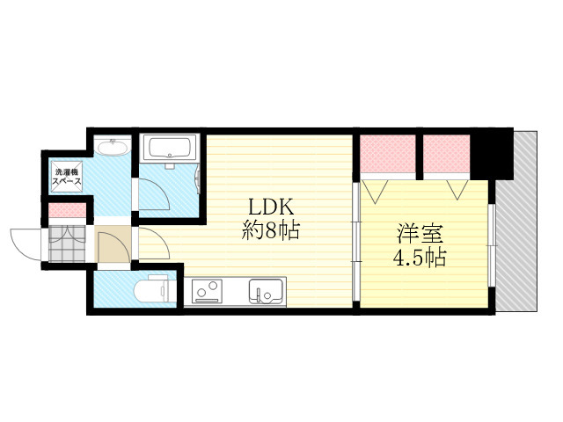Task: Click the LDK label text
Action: tap(272, 207)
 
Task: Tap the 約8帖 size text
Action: tap(270, 230)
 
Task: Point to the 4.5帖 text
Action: tap(420, 258)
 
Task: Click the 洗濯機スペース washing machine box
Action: tap(67, 174)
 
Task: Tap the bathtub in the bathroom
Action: tap(170, 148)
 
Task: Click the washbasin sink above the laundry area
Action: tap(113, 147)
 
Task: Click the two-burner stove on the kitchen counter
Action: tap(207, 291)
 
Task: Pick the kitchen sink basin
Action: tap(266, 291)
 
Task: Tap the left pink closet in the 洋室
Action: tap(388, 155)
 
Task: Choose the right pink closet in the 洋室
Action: tap(446, 155)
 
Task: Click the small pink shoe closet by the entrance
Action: tap(67, 210)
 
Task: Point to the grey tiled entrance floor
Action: tap(67, 244)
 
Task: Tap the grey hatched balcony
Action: tap(516, 221)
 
